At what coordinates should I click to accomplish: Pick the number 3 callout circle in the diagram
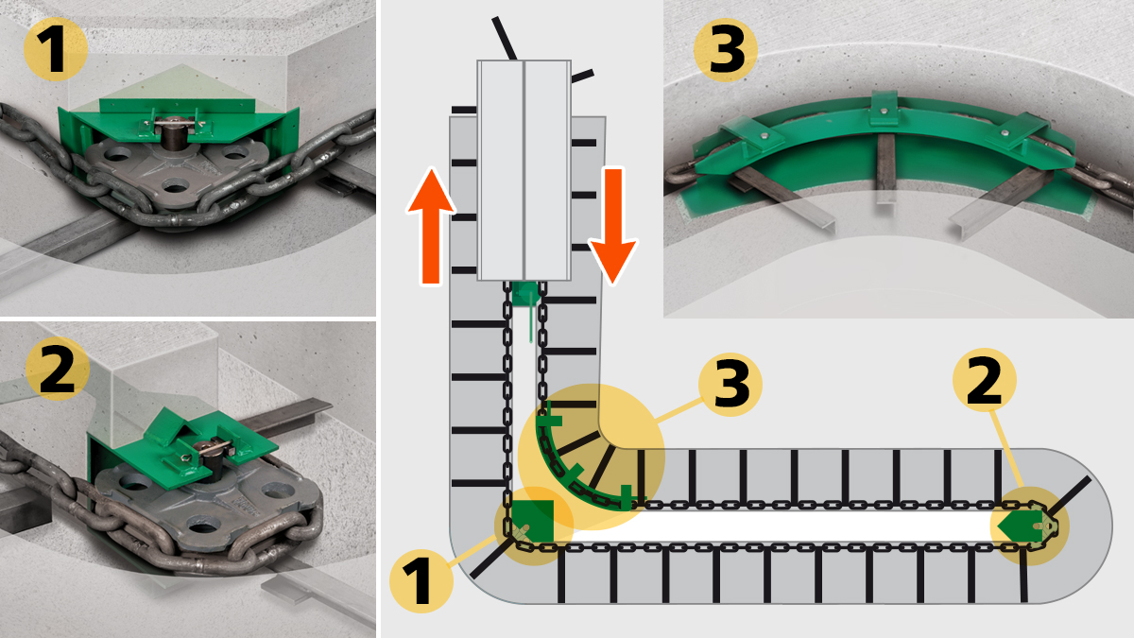point(730,386)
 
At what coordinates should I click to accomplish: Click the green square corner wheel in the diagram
point(533,519)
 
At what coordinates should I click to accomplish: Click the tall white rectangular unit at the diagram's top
point(524,170)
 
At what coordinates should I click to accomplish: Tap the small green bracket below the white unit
point(523,295)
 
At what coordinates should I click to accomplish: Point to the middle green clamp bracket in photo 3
point(881,111)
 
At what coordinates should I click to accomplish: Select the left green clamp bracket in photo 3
point(750,140)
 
